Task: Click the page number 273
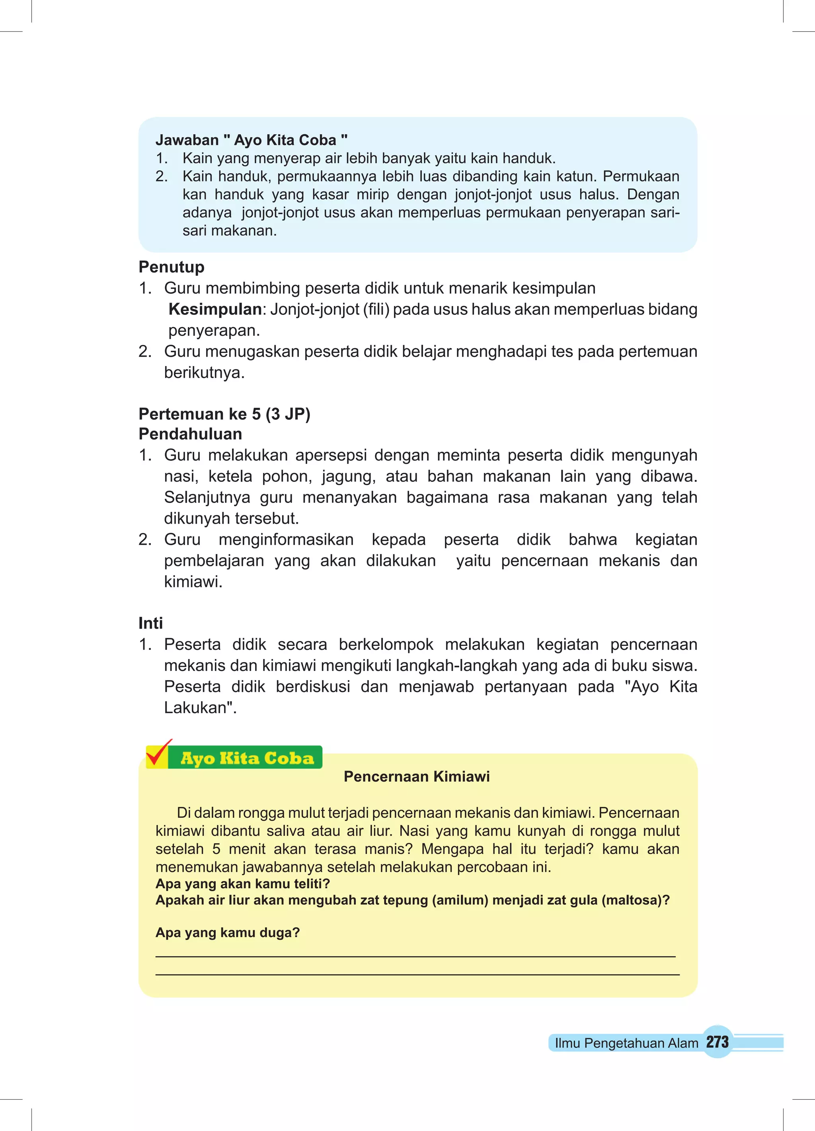tap(717, 1042)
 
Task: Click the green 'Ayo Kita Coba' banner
tap(246, 758)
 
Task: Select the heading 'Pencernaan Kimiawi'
tap(417, 776)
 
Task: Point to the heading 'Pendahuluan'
tap(190, 434)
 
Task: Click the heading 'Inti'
tap(151, 623)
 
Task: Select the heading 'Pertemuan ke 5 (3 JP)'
tap(224, 414)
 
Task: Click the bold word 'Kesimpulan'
tap(215, 309)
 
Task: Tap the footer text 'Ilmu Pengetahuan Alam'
tap(626, 1043)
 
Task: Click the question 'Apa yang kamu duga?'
tap(228, 932)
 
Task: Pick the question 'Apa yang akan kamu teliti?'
tap(242, 883)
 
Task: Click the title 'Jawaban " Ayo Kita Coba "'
tap(252, 140)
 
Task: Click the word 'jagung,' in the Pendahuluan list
tap(348, 476)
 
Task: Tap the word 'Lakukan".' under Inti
tap(200, 708)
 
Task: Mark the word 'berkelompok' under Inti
tap(386, 644)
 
